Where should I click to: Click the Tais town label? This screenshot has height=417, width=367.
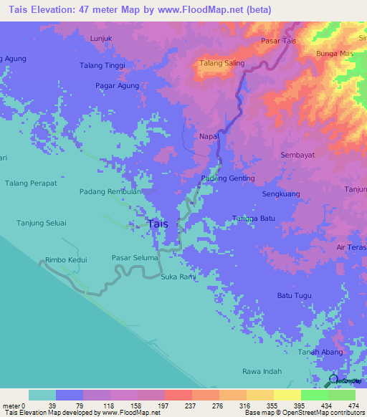tap(158, 224)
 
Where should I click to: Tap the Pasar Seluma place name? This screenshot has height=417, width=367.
tap(134, 257)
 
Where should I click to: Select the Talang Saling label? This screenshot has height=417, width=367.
tap(221, 63)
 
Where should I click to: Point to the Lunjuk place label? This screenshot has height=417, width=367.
tap(103, 39)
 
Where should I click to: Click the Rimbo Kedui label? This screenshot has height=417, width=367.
tap(66, 259)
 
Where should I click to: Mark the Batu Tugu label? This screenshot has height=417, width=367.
tap(294, 295)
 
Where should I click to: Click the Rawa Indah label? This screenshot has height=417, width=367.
tap(262, 371)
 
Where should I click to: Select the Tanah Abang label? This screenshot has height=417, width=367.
tap(319, 352)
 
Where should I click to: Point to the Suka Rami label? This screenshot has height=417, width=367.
tap(178, 277)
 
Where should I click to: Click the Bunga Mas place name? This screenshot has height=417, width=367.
tap(334, 54)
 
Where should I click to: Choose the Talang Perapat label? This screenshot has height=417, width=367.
tap(31, 183)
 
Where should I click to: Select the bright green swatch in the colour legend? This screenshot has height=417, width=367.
tap(314, 395)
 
